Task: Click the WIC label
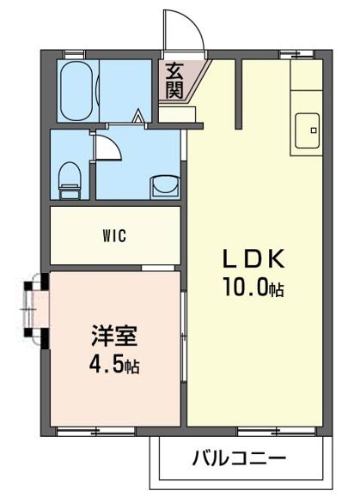(x=116, y=236)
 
